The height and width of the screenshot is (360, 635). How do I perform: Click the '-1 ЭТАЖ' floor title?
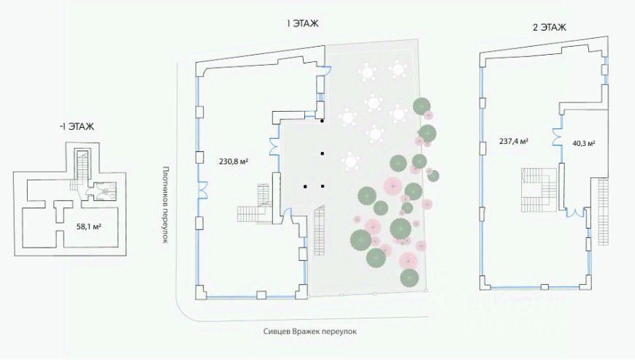tap(77, 126)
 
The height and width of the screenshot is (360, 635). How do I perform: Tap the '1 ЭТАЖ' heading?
tap(301, 23)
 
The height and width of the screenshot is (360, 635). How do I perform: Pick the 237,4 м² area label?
tap(514, 142)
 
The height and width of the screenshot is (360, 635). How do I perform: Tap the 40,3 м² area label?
tap(583, 143)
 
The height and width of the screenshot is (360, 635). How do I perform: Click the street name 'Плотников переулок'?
tap(165, 204)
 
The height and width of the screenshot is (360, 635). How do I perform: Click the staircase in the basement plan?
tap(82, 170)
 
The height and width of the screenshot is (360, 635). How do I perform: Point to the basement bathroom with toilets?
tap(103, 191)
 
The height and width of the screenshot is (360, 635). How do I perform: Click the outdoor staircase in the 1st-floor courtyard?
tap(319, 230)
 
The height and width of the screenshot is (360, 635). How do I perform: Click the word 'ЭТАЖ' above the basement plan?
tap(82, 126)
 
